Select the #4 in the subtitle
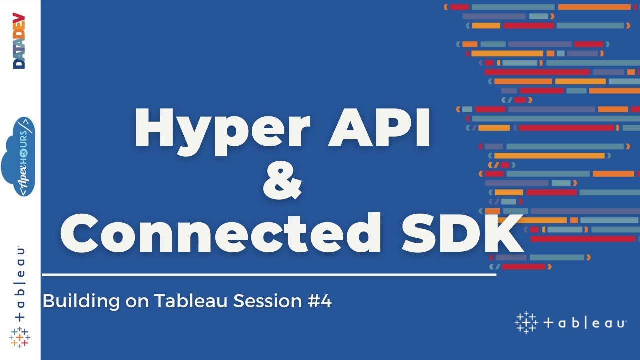pos(319,301)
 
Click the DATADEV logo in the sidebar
pos(19,41)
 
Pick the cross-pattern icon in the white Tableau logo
pos(526,323)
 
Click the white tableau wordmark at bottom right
pos(585,323)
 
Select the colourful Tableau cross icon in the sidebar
pos(20,337)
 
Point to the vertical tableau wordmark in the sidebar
pos(20,283)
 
